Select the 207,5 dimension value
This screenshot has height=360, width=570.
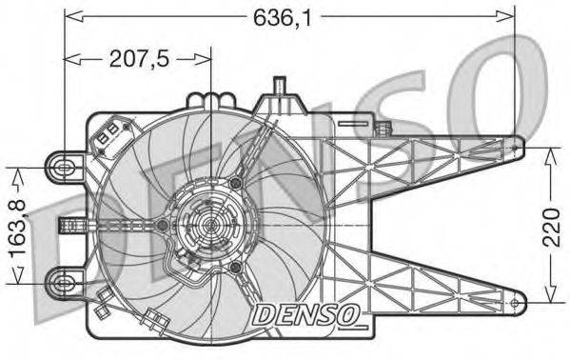click(139, 59)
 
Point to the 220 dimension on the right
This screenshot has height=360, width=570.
click(552, 226)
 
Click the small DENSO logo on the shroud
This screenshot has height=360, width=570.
click(305, 311)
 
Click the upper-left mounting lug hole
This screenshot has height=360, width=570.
click(64, 167)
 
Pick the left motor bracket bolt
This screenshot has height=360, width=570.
click(163, 225)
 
